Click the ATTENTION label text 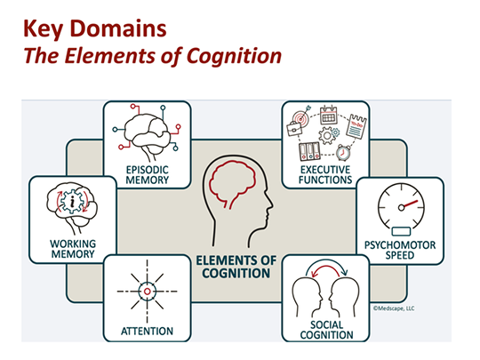pyautogui.click(x=147, y=332)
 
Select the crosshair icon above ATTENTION pyautogui.click(x=147, y=291)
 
